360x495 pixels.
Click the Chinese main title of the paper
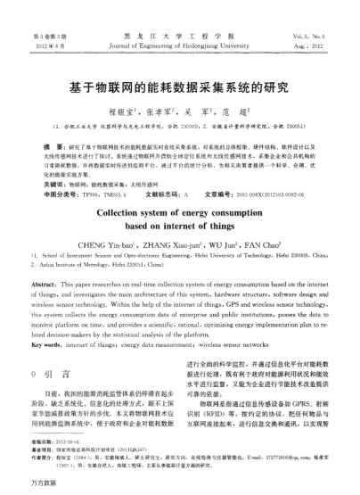(179, 89)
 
